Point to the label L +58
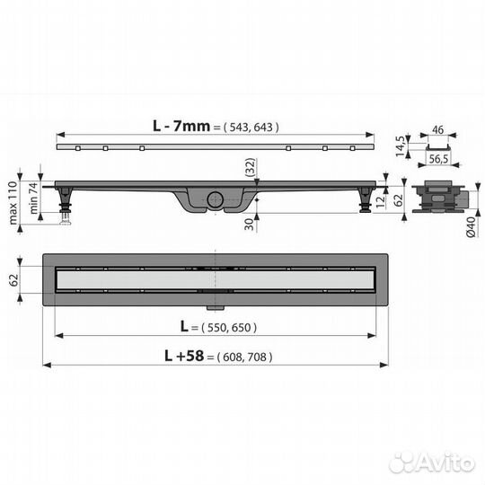click(x=184, y=356)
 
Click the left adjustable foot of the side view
click(x=65, y=207)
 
